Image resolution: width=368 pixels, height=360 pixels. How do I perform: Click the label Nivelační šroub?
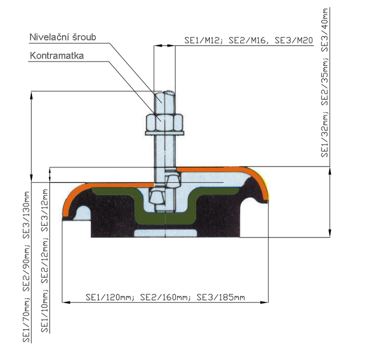click(x=62, y=37)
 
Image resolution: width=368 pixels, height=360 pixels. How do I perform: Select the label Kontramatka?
click(x=57, y=55)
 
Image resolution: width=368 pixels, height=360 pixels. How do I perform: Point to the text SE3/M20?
click(x=294, y=40)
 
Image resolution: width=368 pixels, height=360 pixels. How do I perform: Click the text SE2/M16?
click(x=247, y=40)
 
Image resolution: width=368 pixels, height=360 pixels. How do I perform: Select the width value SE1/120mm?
click(x=110, y=297)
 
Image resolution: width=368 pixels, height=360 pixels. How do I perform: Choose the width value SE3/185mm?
click(x=221, y=297)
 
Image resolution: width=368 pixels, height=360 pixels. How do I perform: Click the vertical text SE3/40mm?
click(x=325, y=30)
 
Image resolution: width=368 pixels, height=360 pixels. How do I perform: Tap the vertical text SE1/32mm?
click(x=325, y=134)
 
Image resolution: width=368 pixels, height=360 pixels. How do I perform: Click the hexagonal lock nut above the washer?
click(x=164, y=122)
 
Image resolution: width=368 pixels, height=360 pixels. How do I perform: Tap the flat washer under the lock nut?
click(x=164, y=133)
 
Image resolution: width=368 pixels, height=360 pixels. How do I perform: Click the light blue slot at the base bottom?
click(x=165, y=233)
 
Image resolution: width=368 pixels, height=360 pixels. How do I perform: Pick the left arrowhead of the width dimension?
click(x=66, y=302)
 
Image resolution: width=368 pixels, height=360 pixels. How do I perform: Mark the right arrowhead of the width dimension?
click(x=264, y=302)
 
